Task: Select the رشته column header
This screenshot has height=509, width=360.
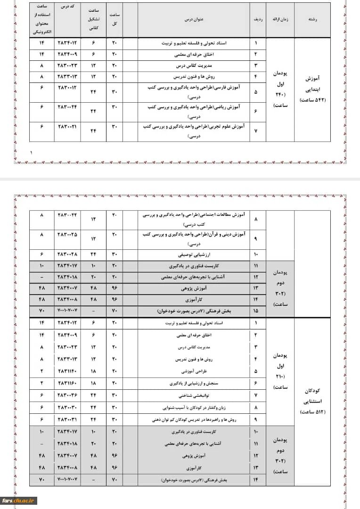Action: [x=311, y=20]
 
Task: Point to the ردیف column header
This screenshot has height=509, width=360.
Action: [x=256, y=20]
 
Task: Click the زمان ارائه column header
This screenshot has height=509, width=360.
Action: [x=280, y=20]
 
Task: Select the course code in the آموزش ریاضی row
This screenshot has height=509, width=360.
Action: [x=66, y=107]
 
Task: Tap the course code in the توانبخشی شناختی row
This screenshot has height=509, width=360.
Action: [x=66, y=395]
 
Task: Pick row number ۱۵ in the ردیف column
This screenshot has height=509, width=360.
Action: [x=256, y=312]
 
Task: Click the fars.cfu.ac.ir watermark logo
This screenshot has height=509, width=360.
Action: [x=19, y=501]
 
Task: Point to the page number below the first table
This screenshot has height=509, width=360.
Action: [x=32, y=153]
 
